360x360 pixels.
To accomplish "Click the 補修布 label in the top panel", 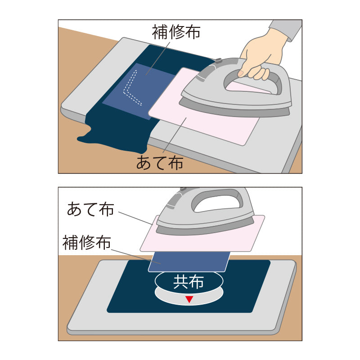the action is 176,31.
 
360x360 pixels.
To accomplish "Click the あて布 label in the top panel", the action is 160,163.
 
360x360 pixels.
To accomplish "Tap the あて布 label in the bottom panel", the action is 90,209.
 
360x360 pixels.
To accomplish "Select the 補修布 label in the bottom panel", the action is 86,243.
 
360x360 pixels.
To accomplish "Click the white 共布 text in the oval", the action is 189,282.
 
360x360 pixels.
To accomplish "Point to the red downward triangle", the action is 189,299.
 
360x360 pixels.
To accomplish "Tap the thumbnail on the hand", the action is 241,73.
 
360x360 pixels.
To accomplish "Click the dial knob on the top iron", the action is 218,61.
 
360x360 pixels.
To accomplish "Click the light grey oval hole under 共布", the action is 189,298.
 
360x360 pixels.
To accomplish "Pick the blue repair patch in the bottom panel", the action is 189,262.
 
